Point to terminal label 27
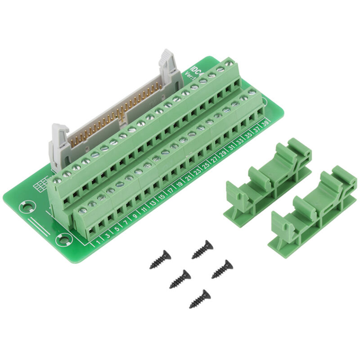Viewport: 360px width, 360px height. click(x=215, y=159)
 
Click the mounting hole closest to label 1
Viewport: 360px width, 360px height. click(x=63, y=239)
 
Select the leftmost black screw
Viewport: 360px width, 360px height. click(x=160, y=260)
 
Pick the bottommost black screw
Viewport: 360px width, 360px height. click(x=200, y=298)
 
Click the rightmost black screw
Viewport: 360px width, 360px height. click(x=222, y=268)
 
